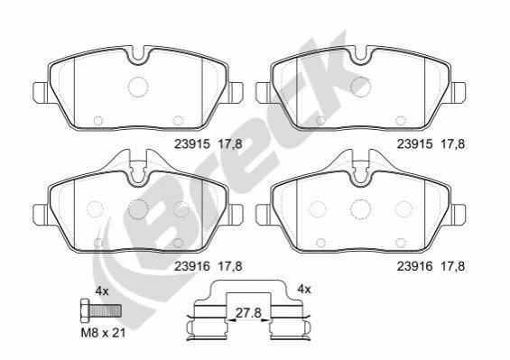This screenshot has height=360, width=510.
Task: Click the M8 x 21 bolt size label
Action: click(x=103, y=333)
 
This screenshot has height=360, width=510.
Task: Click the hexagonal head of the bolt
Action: click(x=85, y=310)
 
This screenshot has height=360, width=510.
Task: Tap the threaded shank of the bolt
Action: click(x=106, y=310)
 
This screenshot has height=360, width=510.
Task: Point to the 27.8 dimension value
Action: click(x=248, y=313)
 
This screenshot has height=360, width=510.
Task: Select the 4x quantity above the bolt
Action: click(x=102, y=291)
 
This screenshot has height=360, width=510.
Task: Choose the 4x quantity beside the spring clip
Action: click(x=304, y=289)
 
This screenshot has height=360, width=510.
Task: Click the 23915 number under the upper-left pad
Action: click(x=192, y=144)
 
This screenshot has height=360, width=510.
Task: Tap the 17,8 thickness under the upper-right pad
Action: click(x=452, y=144)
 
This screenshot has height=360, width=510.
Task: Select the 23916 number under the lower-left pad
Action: click(x=192, y=266)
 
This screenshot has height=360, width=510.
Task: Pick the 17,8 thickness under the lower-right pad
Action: click(x=452, y=266)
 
